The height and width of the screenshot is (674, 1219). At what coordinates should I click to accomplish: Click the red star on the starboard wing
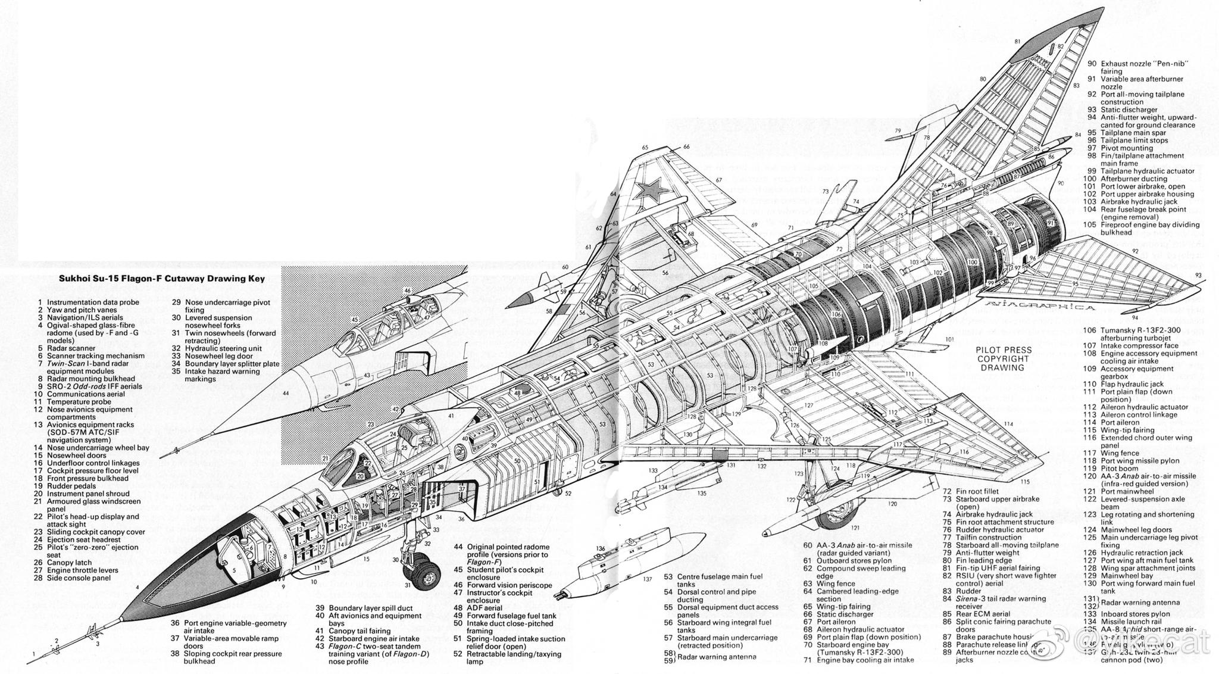[650, 190]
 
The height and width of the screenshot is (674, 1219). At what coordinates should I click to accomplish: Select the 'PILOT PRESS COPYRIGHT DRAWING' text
[1003, 358]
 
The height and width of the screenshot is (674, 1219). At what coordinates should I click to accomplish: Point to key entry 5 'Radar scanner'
[71, 348]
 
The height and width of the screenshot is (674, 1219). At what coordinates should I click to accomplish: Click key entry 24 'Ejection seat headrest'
[83, 539]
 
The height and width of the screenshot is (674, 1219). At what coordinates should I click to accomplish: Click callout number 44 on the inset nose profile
[286, 394]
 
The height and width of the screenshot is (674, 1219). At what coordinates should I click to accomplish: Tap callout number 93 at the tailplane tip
[1198, 276]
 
